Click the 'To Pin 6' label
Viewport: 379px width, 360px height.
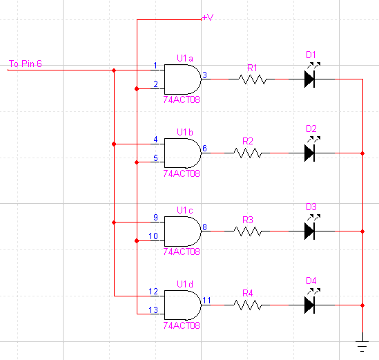[26, 64]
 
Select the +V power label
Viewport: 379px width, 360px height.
[208, 17]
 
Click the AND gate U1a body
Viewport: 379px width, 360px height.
[182, 79]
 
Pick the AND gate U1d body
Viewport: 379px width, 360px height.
[182, 305]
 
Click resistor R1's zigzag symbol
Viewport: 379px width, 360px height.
[252, 79]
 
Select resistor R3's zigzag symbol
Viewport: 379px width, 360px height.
[248, 231]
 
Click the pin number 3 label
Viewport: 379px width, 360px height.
[205, 75]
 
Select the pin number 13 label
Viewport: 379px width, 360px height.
[153, 310]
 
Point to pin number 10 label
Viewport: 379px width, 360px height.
[153, 236]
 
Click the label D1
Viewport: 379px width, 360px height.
[311, 55]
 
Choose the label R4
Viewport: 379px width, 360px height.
[248, 293]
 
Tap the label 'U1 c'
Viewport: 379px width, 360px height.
[185, 210]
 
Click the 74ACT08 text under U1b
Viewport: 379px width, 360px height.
[182, 173]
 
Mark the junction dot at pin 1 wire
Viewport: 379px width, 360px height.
[114, 70]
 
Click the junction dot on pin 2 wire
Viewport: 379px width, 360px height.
[137, 88]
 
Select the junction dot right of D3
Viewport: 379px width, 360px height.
[362, 231]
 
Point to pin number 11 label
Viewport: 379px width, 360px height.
[206, 301]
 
